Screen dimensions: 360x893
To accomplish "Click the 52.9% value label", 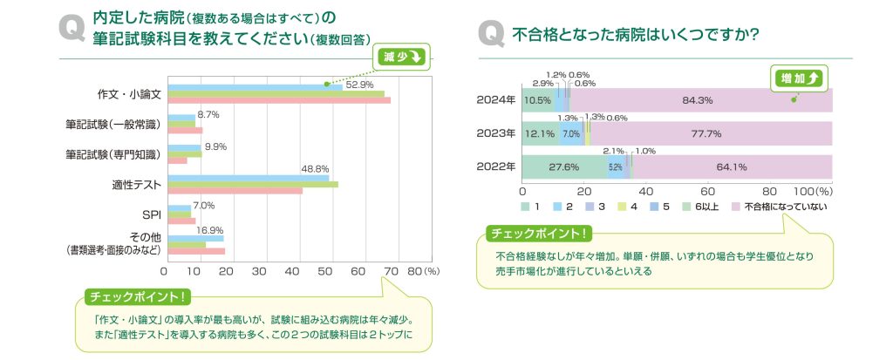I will pyautogui.click(x=359, y=85).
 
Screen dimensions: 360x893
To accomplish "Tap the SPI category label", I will pyautogui.click(x=151, y=214).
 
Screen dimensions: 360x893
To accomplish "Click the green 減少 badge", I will pyautogui.click(x=402, y=57).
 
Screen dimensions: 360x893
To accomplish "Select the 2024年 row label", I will pyautogui.click(x=495, y=100).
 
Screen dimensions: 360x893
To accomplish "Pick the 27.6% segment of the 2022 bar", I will pyautogui.click(x=564, y=166).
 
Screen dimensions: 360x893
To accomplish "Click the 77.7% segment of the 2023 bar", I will pyautogui.click(x=706, y=134).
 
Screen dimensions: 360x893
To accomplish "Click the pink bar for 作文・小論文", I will pyautogui.click(x=279, y=100).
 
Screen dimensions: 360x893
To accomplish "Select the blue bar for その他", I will pyautogui.click(x=195, y=238).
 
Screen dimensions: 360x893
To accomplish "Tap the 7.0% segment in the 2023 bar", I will pyautogui.click(x=570, y=134).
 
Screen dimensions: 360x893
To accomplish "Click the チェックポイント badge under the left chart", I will pyautogui.click(x=138, y=297).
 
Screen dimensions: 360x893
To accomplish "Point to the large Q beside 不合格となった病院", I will pyautogui.click(x=491, y=35).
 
